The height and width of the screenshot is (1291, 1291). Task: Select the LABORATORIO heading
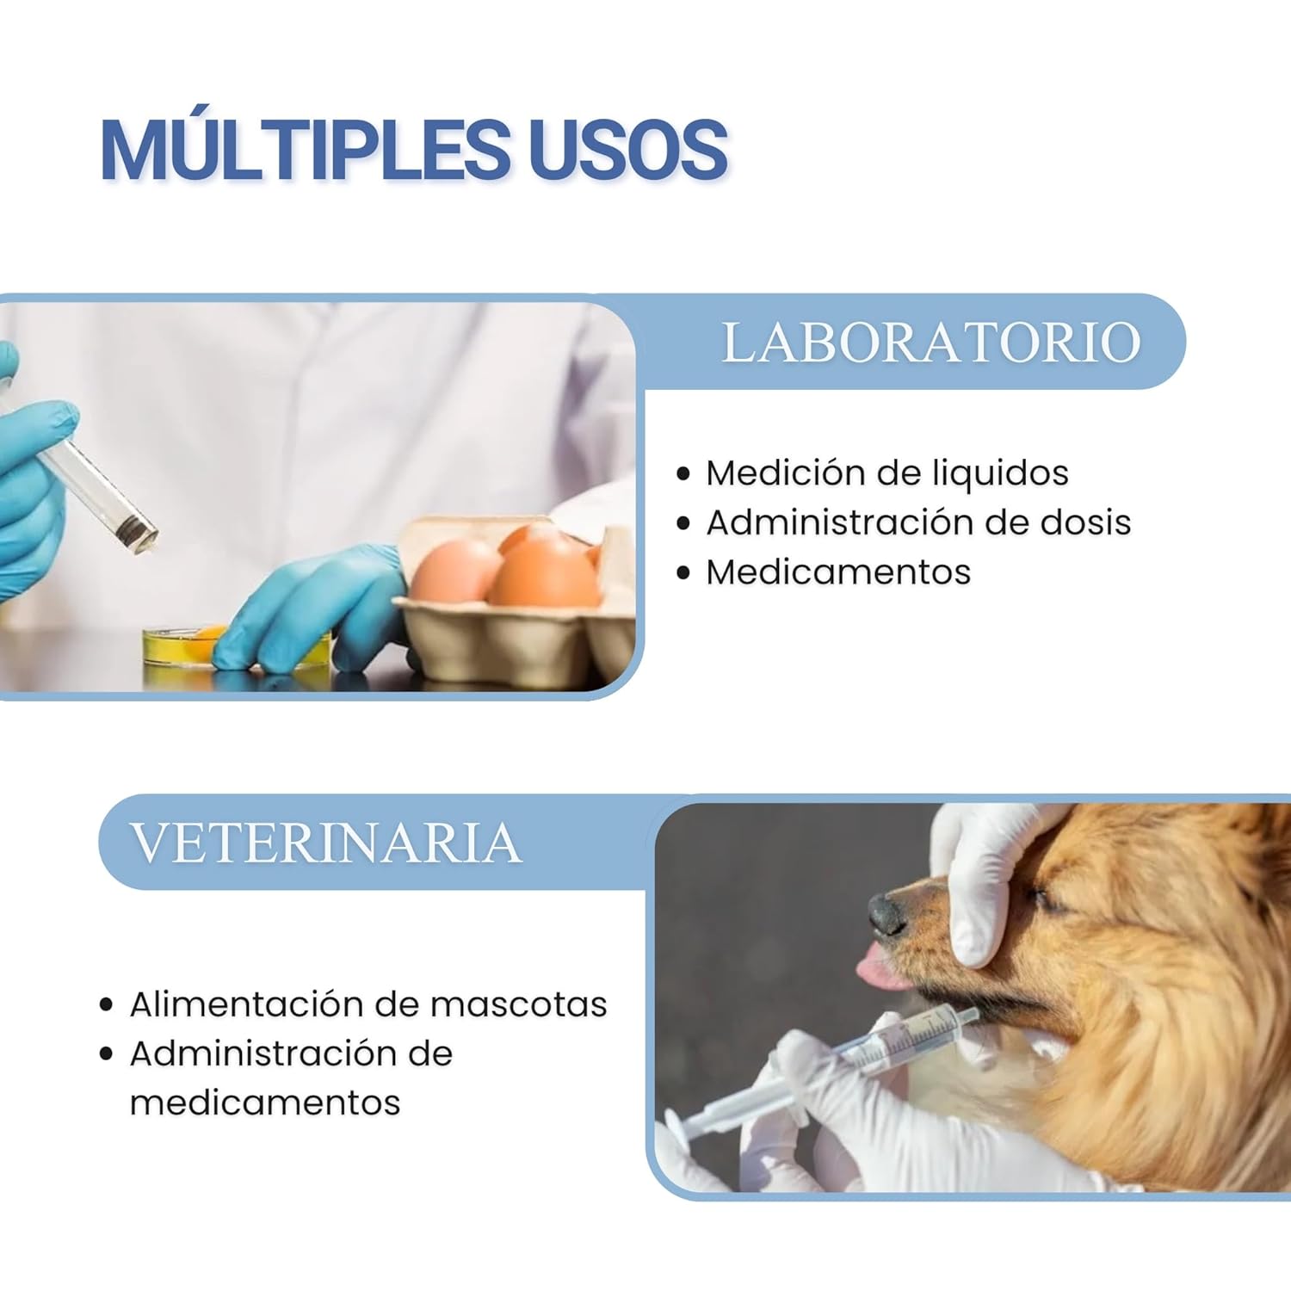pos(931,343)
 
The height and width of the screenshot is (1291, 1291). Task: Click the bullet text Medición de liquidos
pos(887,473)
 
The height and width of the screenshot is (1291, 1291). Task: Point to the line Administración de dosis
pos(918,522)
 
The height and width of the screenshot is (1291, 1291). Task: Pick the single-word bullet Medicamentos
pos(838,571)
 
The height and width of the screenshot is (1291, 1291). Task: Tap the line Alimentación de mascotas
pos(368,1004)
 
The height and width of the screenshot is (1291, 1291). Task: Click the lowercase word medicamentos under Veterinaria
pos(265,1103)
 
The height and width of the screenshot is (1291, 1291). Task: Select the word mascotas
pos(519,1004)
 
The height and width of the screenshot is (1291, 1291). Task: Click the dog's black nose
pos(886,914)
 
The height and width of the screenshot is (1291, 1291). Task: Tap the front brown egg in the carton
pos(544,572)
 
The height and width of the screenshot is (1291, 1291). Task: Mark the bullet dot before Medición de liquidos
pos(683,473)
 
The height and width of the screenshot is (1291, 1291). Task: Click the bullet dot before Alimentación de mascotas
pos(107,1004)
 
